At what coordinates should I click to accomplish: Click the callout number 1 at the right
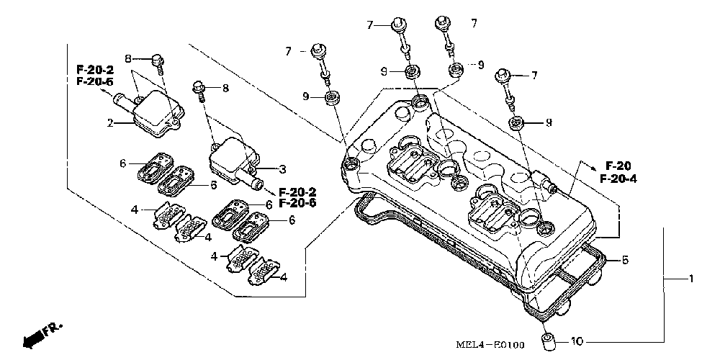click(690, 279)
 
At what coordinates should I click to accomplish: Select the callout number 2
click(110, 123)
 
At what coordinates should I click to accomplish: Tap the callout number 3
click(283, 169)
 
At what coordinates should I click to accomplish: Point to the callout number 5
click(625, 259)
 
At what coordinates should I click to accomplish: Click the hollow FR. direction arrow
click(31, 338)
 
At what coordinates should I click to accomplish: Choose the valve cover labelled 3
click(230, 158)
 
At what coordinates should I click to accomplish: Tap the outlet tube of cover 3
click(255, 183)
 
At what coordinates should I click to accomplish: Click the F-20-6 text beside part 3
click(297, 203)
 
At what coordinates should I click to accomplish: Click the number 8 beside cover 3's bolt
click(225, 89)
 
